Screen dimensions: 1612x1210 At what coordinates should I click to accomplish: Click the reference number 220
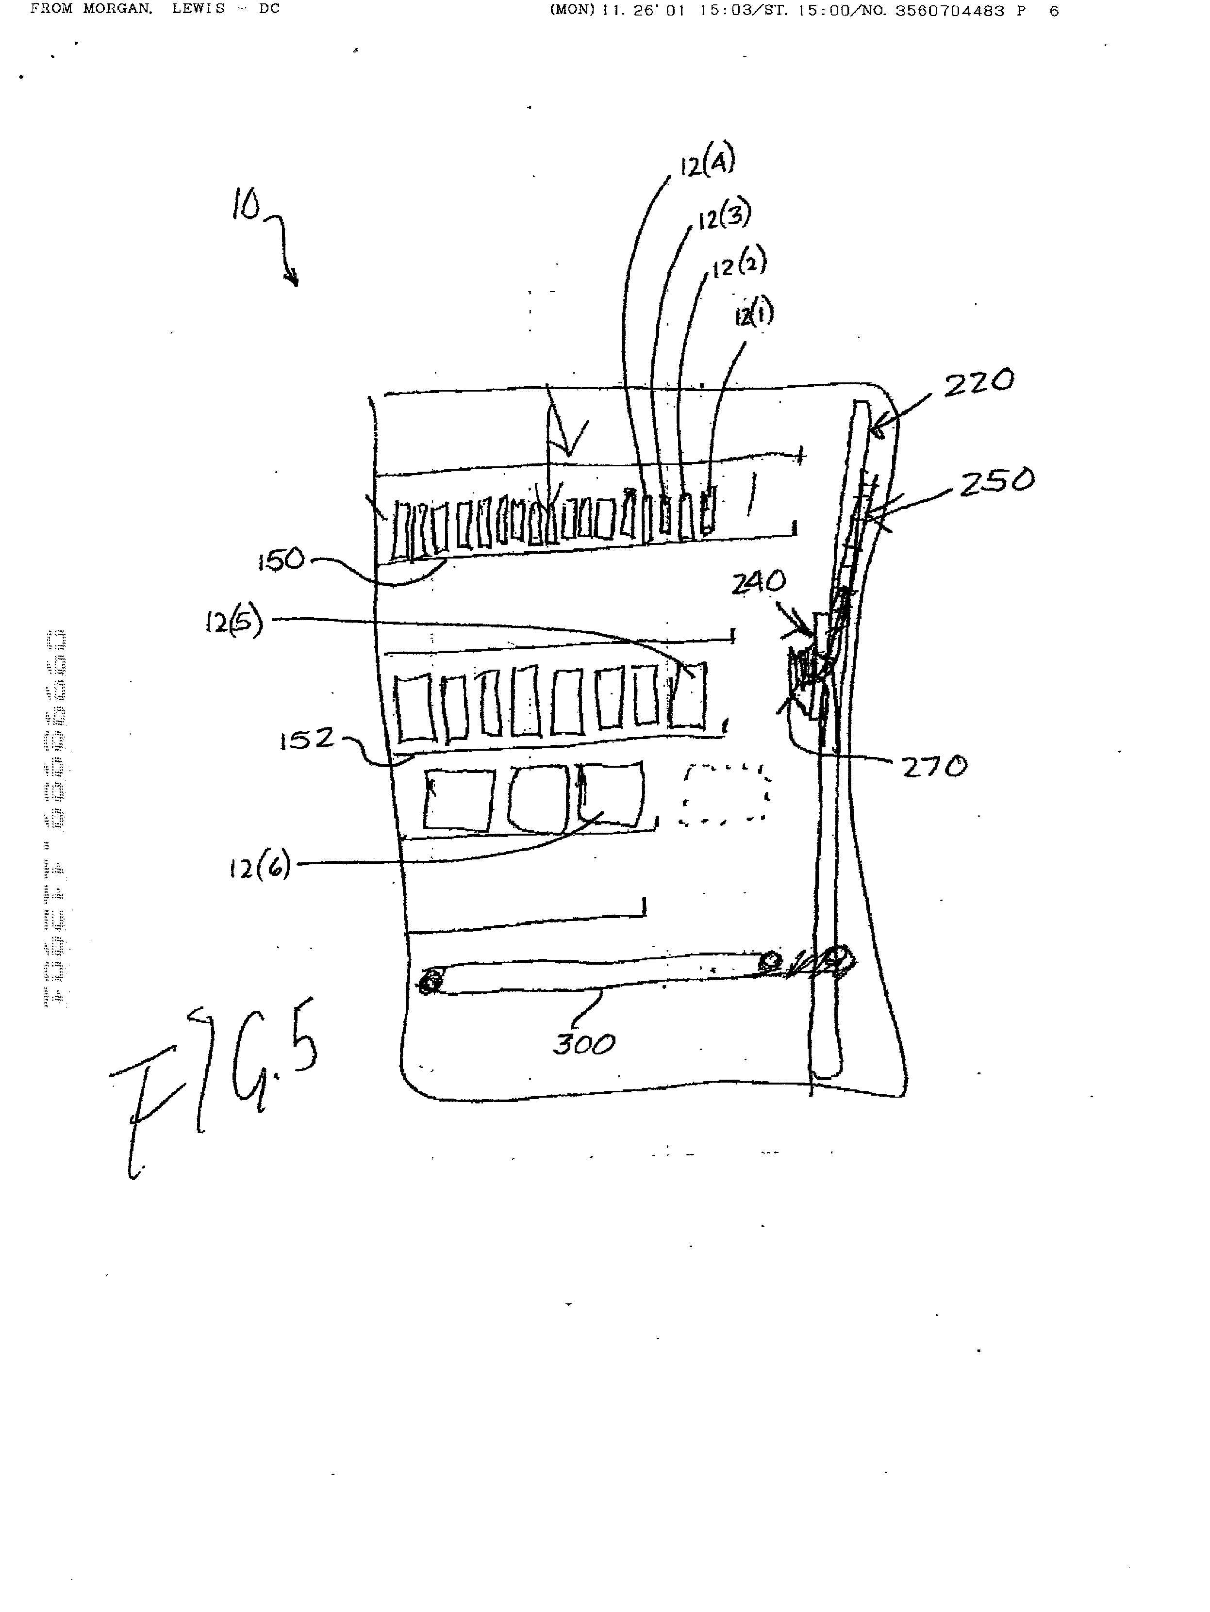point(978,382)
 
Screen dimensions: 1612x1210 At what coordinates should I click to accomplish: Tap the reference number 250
point(995,482)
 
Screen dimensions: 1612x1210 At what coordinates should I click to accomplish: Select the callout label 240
point(759,581)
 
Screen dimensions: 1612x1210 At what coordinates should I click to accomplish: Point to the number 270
point(934,767)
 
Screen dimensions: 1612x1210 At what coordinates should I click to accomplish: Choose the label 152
point(306,740)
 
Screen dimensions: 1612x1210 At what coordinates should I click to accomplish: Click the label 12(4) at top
point(707,162)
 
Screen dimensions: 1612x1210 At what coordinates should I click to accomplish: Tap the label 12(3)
point(724,215)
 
